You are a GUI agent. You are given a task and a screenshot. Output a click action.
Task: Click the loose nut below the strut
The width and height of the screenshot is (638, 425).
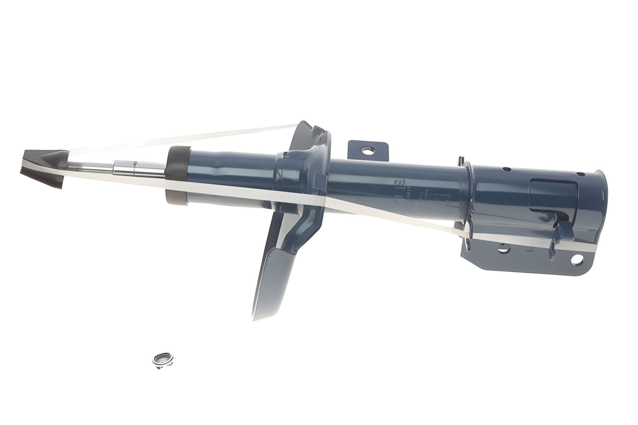[x=163, y=359]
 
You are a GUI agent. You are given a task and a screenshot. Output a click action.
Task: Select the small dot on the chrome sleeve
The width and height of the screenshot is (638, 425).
[x=135, y=163]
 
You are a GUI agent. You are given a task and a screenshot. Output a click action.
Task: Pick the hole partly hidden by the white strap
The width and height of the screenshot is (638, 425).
[x=504, y=247]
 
